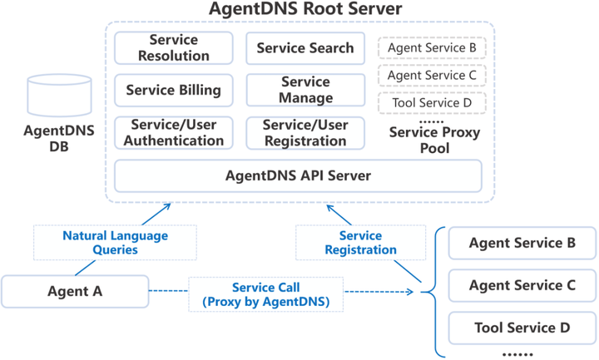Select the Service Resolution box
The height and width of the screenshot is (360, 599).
click(174, 48)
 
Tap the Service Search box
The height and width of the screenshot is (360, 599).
click(305, 48)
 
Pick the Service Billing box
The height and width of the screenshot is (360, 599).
click(174, 90)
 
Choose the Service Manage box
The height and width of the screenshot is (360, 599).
click(305, 90)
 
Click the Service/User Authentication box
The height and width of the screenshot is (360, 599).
click(174, 133)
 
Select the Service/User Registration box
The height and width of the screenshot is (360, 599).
click(305, 133)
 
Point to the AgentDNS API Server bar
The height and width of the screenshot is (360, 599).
click(298, 175)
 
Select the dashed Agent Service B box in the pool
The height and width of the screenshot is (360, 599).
click(432, 48)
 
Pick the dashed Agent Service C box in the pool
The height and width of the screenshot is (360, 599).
click(432, 76)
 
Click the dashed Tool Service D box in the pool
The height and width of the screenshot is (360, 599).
click(432, 103)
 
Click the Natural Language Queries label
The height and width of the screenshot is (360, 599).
click(115, 242)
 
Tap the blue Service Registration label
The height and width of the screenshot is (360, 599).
click(361, 242)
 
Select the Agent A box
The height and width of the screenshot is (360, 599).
click(75, 291)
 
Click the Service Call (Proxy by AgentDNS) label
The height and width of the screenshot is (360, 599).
click(265, 294)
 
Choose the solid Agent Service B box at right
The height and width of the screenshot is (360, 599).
click(522, 244)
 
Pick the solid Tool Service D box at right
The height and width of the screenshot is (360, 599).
click(522, 328)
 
